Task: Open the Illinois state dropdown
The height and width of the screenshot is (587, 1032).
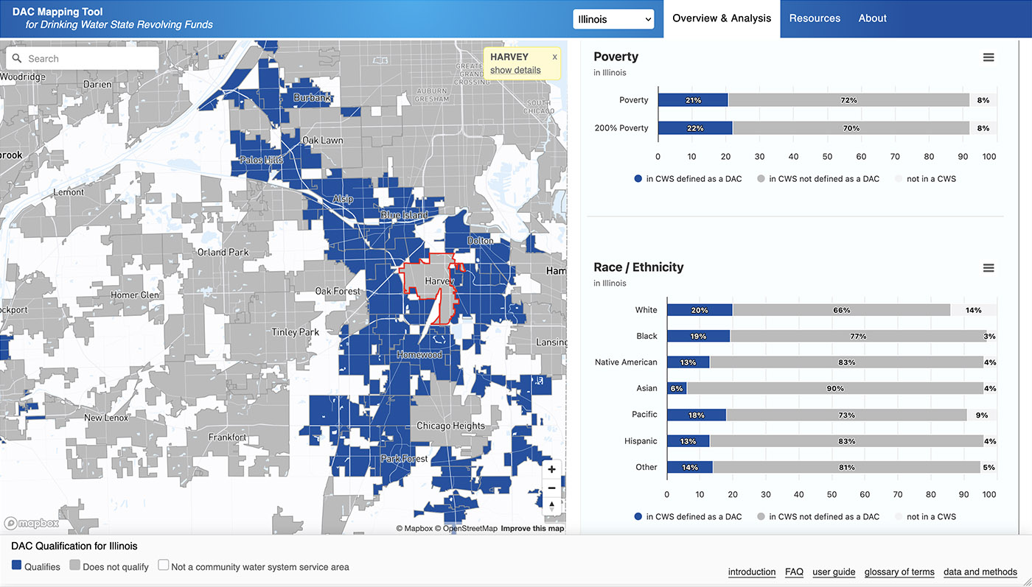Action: [x=613, y=19]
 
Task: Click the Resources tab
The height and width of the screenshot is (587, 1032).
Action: [x=815, y=18]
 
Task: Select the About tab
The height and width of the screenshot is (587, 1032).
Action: [x=872, y=18]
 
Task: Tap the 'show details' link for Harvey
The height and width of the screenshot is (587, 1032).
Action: [x=515, y=70]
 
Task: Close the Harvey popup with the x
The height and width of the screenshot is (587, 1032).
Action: [x=555, y=57]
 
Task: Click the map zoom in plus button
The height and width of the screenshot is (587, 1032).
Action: [x=551, y=469]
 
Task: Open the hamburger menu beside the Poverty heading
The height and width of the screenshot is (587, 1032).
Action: [x=989, y=57]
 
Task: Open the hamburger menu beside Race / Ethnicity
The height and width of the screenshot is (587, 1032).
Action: [x=989, y=268]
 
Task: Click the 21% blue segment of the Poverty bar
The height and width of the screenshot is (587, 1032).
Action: [x=693, y=100]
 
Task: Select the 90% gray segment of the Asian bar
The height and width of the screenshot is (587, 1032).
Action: [x=834, y=388]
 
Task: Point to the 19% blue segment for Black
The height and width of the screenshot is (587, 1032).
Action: [x=698, y=336]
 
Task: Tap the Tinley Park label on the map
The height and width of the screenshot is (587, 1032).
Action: [x=295, y=332]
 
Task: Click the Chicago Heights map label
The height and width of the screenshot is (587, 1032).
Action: [x=450, y=426]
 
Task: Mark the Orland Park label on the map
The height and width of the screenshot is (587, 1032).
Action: [x=223, y=252]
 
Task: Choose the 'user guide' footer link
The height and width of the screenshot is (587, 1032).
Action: [x=834, y=572]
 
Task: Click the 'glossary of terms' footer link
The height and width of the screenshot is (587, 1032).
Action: [x=899, y=572]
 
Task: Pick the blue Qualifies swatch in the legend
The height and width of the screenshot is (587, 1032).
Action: [x=17, y=566]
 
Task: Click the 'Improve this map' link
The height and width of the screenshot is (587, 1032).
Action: [x=532, y=528]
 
